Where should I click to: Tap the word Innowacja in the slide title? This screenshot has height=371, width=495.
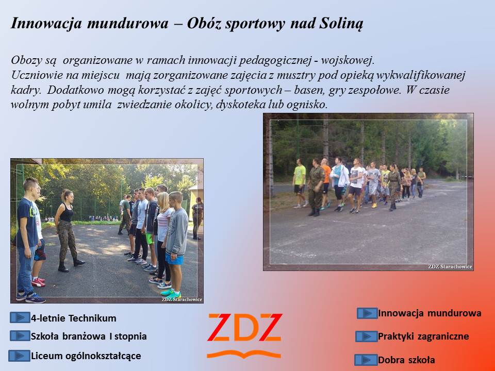pos(46,24)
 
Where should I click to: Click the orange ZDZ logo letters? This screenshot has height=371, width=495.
pos(244,328)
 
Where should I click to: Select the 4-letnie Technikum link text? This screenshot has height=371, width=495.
pos(74,318)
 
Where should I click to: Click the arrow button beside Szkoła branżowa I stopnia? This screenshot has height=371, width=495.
pos(20,335)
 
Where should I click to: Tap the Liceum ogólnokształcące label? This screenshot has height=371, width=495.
pos(86,356)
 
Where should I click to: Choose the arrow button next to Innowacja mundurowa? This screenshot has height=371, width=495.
pos(367,313)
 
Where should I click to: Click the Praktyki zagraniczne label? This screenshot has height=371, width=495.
pos(423,336)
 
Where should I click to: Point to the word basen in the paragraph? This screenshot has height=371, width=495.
pos(308,90)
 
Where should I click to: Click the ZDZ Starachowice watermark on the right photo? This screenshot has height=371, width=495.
pos(450,266)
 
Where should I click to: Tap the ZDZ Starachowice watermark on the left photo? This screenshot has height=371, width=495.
pos(182,299)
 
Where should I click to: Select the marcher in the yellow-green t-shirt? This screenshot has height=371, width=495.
pos(299,183)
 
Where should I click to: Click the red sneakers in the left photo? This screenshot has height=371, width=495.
pos(38,282)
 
